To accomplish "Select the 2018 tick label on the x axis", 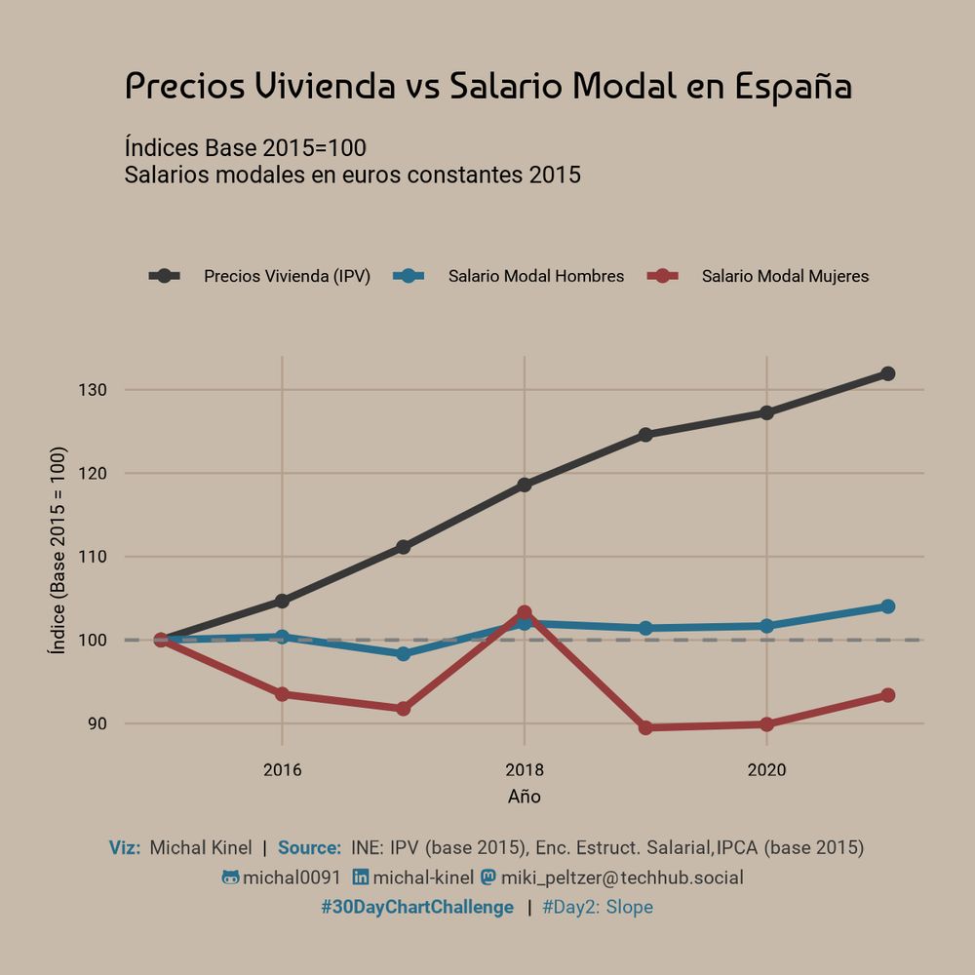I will pos(525,770).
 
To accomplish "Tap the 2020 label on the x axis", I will pos(766,770).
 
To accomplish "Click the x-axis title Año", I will pos(525,797).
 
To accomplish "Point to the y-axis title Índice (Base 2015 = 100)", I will pos(59,551).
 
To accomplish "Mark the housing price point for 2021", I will pos(887,373).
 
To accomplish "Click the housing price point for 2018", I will pos(525,485).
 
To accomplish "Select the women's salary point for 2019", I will pos(645,727).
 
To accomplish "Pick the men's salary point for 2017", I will pos(403,653).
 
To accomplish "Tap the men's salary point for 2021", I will pos(887,606).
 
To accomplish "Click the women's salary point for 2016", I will pos(282,694).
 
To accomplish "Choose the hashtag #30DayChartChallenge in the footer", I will pos(417,908).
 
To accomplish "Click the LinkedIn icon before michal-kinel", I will pos(361,877).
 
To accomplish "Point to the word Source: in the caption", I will pos(309,848).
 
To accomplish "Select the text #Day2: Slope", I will pos(597,908).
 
